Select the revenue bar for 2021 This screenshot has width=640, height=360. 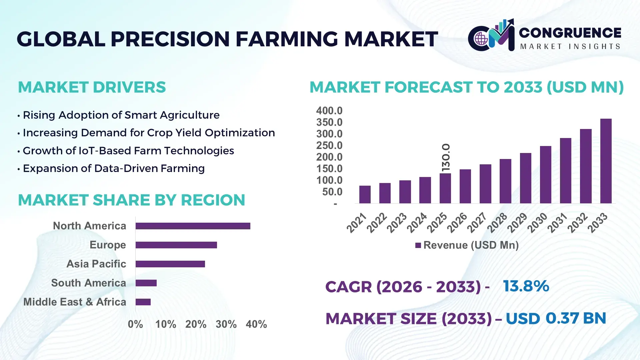pyautogui.click(x=365, y=195)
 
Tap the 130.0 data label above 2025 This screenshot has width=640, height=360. pyautogui.click(x=446, y=158)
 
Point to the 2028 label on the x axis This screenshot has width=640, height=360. pyautogui.click(x=497, y=223)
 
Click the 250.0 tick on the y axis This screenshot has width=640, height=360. pyautogui.click(x=329, y=145)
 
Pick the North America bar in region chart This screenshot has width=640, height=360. pyautogui.click(x=193, y=226)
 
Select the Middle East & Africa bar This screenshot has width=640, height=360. pyautogui.click(x=143, y=302)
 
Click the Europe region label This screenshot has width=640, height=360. pyautogui.click(x=108, y=245)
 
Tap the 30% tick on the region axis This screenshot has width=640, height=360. pyautogui.click(x=226, y=324)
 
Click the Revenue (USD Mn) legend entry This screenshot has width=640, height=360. pyautogui.click(x=467, y=245)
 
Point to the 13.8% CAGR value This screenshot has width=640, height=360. pyautogui.click(x=526, y=286)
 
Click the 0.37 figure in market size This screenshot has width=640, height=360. pyautogui.click(x=562, y=318)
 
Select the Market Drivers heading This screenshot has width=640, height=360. pyautogui.click(x=92, y=87)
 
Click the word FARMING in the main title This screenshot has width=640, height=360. pyautogui.click(x=287, y=39)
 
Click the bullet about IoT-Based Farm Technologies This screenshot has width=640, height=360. pyautogui.click(x=128, y=151)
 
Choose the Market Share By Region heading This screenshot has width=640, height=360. pyautogui.click(x=131, y=200)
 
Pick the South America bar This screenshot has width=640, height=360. pyautogui.click(x=146, y=283)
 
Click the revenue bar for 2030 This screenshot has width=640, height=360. pyautogui.click(x=545, y=175)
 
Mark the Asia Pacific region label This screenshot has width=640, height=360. pyautogui.click(x=96, y=264)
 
